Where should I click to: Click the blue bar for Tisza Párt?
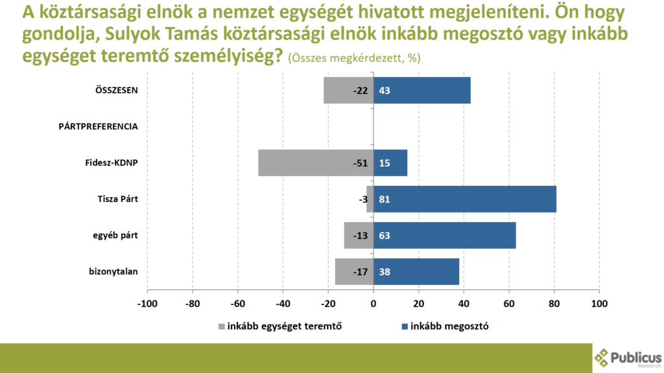(465, 199)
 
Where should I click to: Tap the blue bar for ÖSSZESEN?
(422, 91)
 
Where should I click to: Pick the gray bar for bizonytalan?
(354, 272)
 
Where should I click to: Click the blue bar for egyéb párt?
(445, 236)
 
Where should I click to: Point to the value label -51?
(360, 163)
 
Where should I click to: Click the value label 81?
(384, 199)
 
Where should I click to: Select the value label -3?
(364, 199)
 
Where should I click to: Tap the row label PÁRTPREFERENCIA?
(98, 126)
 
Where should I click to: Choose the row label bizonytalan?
(113, 271)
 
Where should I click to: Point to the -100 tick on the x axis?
(147, 303)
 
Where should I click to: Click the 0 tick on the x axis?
(373, 303)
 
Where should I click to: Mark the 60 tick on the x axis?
(509, 303)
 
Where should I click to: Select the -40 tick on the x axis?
(283, 303)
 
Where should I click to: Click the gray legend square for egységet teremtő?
(222, 326)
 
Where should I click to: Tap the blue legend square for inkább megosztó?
(406, 326)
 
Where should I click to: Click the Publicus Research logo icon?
(602, 357)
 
